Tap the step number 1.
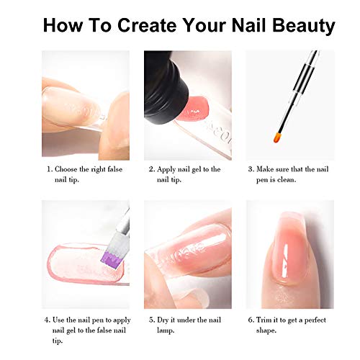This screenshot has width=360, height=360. click(50, 170)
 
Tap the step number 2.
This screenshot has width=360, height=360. click(152, 170)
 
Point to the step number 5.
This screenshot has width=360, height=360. click(152, 319)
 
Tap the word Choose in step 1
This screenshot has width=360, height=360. click(69, 170)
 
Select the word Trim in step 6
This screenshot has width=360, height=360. click(266, 319)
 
